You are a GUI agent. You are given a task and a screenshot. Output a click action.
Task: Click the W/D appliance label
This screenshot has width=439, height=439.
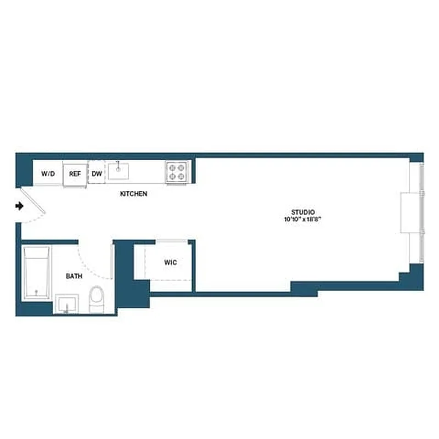point(48,173)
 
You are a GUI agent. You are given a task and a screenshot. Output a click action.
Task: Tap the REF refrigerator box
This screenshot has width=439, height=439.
point(75,173)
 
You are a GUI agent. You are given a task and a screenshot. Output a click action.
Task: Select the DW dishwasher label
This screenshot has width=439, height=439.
point(97,173)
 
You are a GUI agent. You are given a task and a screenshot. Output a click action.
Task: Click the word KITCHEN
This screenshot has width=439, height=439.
point(133,194)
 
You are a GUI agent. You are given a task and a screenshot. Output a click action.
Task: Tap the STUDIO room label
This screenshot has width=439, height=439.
point(302,212)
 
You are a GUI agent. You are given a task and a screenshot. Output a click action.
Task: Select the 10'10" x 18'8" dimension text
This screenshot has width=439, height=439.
point(302,219)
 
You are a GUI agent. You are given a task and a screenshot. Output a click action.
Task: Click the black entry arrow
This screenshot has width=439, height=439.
point(20,206)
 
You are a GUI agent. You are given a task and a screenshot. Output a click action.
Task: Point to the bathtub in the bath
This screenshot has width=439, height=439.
point(37,273)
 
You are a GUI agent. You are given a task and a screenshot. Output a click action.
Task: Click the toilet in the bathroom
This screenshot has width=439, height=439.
point(97,299)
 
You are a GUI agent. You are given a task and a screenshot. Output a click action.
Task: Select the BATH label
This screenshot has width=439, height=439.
point(74,277)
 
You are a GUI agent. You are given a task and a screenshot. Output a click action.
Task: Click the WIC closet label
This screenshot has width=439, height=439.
point(170,262)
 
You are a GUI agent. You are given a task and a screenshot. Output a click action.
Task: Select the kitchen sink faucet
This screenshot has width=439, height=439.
point(117,164)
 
